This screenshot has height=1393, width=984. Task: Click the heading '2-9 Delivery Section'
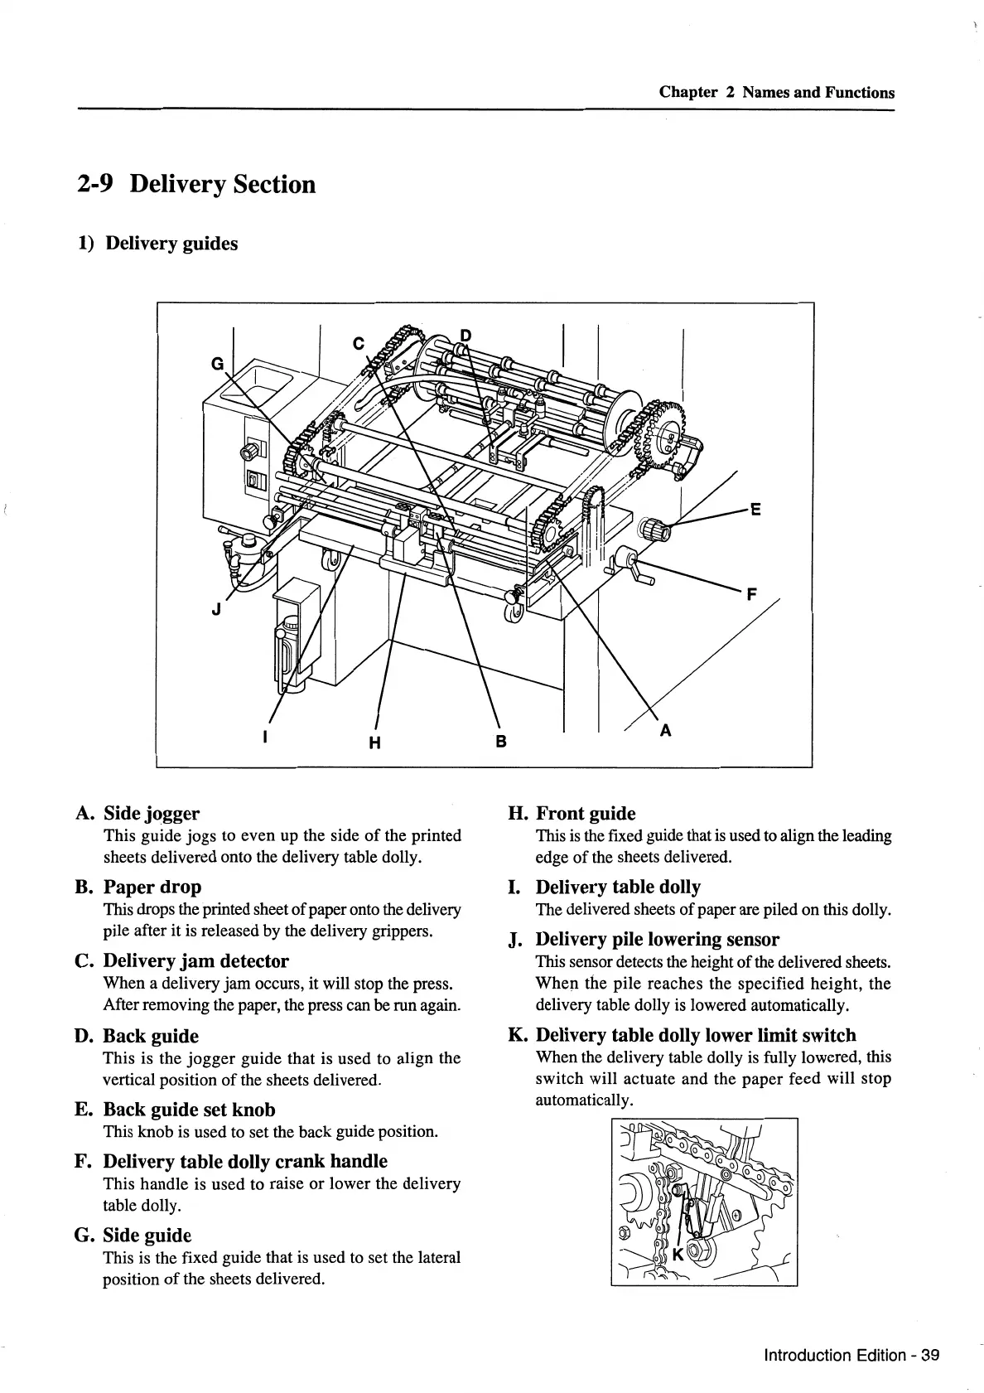pyautogui.click(x=197, y=184)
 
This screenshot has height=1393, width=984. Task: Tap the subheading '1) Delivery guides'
pyautogui.click(x=157, y=244)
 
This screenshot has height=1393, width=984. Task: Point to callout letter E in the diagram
pyautogui.click(x=755, y=510)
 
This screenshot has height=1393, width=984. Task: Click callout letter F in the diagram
pyautogui.click(x=752, y=593)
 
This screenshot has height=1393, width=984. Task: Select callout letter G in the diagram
pyautogui.click(x=218, y=363)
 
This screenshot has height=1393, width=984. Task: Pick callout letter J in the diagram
pyautogui.click(x=216, y=611)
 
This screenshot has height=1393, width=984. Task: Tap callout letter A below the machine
pyautogui.click(x=665, y=731)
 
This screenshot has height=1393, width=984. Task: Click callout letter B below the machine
pyautogui.click(x=500, y=741)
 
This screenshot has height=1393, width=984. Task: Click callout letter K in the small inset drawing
pyautogui.click(x=678, y=1255)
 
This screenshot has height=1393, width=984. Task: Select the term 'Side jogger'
pyautogui.click(x=151, y=814)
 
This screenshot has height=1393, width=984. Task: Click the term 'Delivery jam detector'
pyautogui.click(x=195, y=961)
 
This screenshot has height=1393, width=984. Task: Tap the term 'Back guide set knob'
pyautogui.click(x=189, y=1110)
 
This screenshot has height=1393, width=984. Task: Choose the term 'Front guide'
pyautogui.click(x=586, y=814)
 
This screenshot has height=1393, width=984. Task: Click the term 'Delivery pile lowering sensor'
pyautogui.click(x=657, y=940)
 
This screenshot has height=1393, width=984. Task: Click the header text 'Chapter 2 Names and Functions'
pyautogui.click(x=776, y=93)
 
